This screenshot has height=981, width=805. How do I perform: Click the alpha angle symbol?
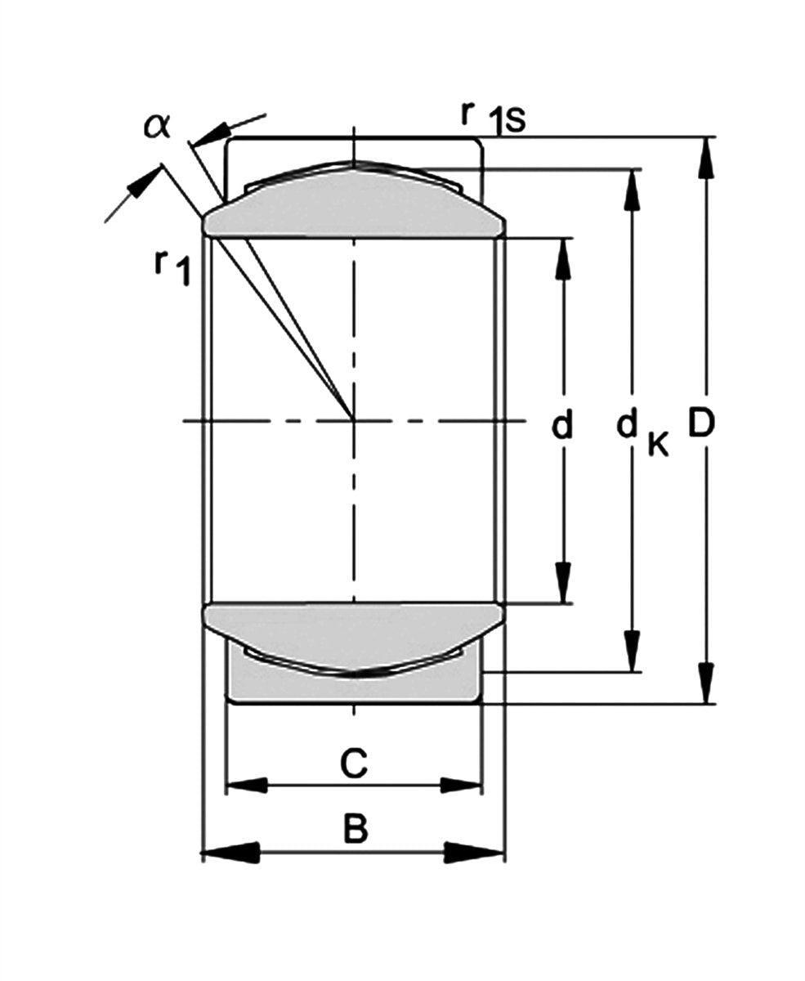point(157,125)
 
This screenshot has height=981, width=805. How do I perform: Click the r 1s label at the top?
point(492,117)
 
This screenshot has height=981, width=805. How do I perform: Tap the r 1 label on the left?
point(172,267)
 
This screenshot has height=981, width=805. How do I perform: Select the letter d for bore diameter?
point(561,425)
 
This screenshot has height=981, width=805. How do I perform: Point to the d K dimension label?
point(642,430)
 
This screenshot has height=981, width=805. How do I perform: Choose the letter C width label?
point(353,764)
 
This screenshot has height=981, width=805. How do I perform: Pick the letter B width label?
point(355,829)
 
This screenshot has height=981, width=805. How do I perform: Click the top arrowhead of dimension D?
point(707,155)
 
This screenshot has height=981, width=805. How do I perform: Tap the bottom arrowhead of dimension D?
point(707,684)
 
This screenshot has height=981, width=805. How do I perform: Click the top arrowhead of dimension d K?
point(632,188)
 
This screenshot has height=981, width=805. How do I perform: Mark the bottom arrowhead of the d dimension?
point(563,584)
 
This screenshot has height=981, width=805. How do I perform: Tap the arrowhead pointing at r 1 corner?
point(141,185)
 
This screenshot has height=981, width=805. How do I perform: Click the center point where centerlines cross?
point(354,421)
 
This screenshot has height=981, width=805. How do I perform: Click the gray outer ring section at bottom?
point(353,685)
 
